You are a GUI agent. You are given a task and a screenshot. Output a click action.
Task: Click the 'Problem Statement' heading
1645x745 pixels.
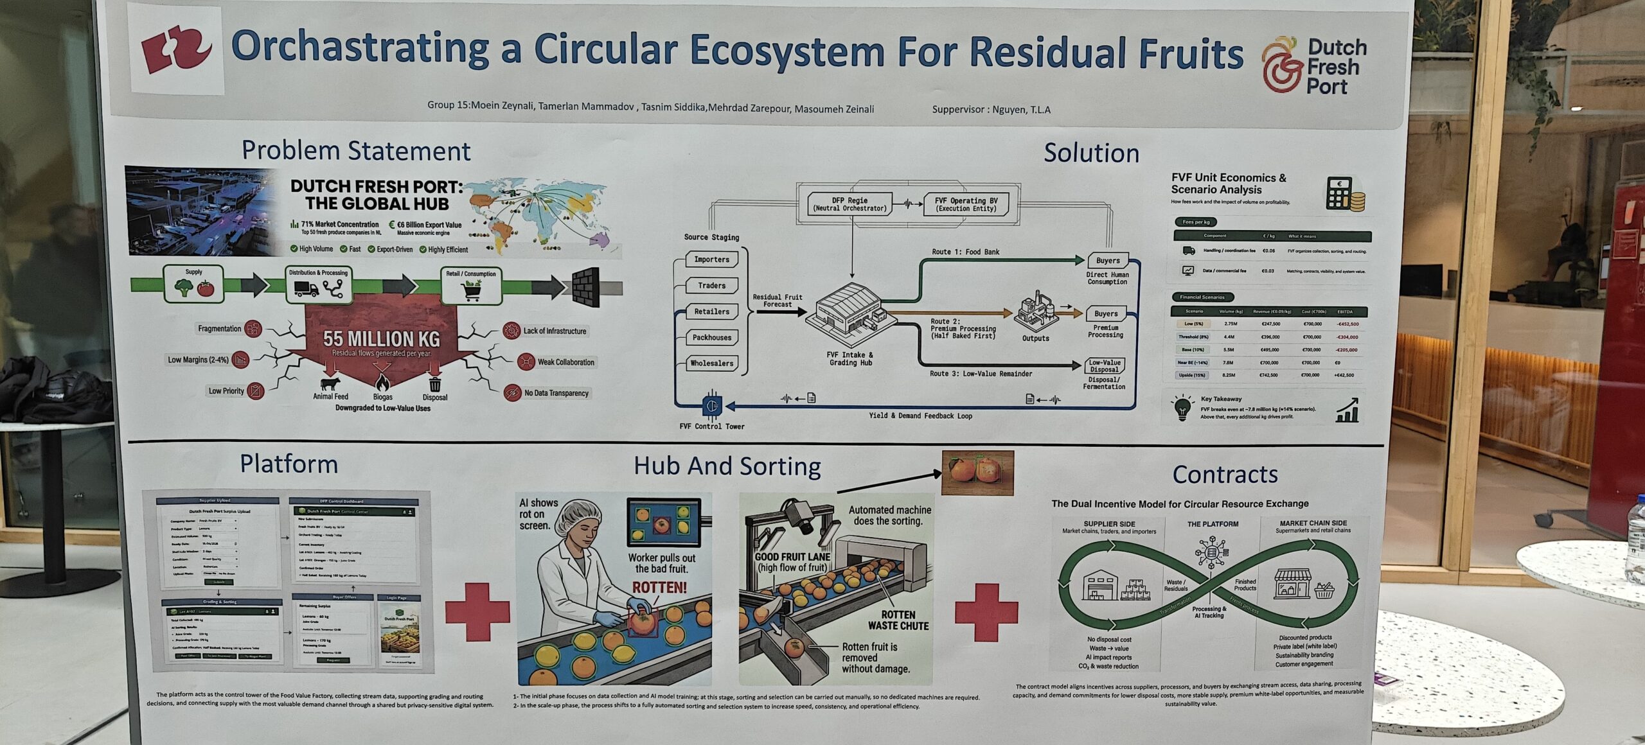coord(355,151)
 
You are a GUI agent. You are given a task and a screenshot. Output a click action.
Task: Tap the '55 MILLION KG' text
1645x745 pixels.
coord(381,338)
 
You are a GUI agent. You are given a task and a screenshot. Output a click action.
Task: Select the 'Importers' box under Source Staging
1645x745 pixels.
coord(711,259)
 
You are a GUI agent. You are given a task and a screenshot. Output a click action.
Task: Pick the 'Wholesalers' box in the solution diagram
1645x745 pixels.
coord(711,364)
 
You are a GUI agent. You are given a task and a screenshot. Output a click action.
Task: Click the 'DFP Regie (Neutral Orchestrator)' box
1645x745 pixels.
coord(849,204)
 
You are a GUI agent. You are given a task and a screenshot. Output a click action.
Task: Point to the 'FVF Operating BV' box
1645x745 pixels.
coord(966,204)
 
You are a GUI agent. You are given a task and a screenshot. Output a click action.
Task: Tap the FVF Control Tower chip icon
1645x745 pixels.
coord(712,406)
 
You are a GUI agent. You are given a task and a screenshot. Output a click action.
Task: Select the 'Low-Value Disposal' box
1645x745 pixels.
coord(1105,366)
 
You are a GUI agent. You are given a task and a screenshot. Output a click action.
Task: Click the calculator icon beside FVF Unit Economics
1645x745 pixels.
coord(1344,194)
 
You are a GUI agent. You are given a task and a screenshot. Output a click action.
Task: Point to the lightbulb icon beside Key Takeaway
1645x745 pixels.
coord(1182,407)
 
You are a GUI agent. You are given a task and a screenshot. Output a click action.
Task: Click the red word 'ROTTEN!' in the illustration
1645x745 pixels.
coord(659,587)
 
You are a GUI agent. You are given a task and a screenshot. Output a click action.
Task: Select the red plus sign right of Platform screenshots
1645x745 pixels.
coord(477,611)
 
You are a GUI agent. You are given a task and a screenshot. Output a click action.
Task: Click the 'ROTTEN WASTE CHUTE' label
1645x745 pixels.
coord(898,620)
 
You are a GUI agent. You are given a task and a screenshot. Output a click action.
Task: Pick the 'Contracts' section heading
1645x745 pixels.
coord(1225,475)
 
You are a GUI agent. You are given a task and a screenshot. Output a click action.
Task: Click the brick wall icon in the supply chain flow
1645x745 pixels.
coord(586,286)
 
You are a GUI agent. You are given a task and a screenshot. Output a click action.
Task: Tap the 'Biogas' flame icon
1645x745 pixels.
coord(382,383)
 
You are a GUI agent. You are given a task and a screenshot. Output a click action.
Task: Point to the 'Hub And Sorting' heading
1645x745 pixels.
coord(727,466)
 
